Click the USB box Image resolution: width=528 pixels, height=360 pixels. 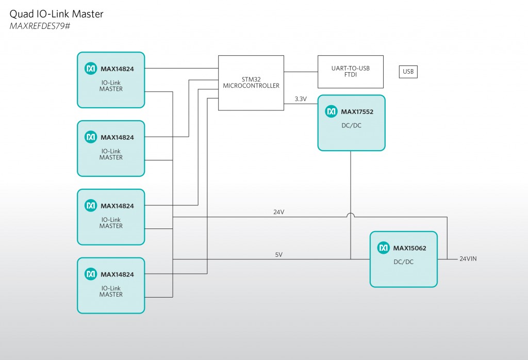tap(408, 72)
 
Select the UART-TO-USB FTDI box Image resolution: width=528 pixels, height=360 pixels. tap(351, 72)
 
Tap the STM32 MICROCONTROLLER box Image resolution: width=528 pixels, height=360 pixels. tap(251, 83)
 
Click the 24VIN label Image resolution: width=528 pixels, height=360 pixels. tap(468, 259)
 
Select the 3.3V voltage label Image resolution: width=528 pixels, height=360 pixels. tap(301, 99)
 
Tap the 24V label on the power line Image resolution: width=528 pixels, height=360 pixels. tap(278, 212)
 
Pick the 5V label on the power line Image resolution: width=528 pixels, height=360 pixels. tap(278, 254)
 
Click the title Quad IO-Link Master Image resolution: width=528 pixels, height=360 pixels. tap(57, 14)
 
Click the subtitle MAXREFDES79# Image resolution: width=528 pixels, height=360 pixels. tap(40, 26)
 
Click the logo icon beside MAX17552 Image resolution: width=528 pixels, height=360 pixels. tap(332, 111)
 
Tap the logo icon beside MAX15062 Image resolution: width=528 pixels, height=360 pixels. tap(384, 248)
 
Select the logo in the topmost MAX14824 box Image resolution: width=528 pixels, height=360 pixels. tap(91, 69)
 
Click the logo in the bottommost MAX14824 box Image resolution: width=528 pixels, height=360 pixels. tap(91, 274)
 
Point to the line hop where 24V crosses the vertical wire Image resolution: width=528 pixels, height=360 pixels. tap(351, 215)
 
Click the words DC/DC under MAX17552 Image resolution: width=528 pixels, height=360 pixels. tap(351, 125)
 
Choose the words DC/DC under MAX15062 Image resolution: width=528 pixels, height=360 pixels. tap(403, 262)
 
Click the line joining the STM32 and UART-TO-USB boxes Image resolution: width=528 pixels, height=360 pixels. tap(301, 72)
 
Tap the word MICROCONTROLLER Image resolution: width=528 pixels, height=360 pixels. tap(251, 86)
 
